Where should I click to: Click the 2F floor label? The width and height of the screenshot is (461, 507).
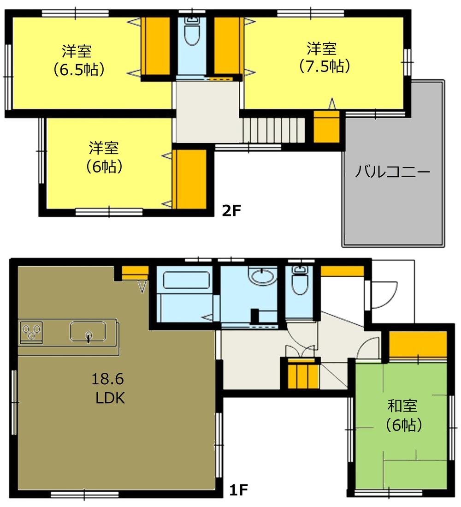point(232,211)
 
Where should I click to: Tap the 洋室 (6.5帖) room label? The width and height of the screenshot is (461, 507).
point(77,60)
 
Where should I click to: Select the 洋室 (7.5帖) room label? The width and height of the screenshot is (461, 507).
point(322,57)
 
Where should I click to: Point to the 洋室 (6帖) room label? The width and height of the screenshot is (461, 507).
point(104,157)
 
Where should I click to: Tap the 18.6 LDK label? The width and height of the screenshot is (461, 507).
point(110,388)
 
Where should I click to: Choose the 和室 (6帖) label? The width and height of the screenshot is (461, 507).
point(403,415)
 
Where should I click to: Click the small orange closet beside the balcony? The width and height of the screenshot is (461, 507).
point(327,127)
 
